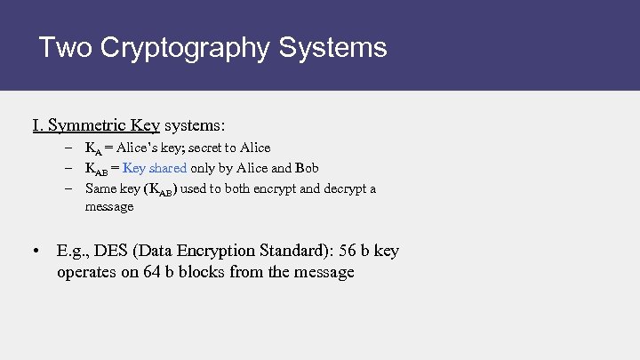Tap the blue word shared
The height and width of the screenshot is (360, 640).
click(168, 167)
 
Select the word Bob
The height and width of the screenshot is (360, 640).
click(307, 167)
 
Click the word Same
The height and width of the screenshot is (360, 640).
click(100, 188)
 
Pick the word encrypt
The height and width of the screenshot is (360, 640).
click(284, 188)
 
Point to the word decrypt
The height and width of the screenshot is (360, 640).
click(348, 188)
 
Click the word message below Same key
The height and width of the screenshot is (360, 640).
click(109, 206)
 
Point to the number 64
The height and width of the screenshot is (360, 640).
click(153, 272)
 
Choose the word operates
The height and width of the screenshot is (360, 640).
click(87, 272)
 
